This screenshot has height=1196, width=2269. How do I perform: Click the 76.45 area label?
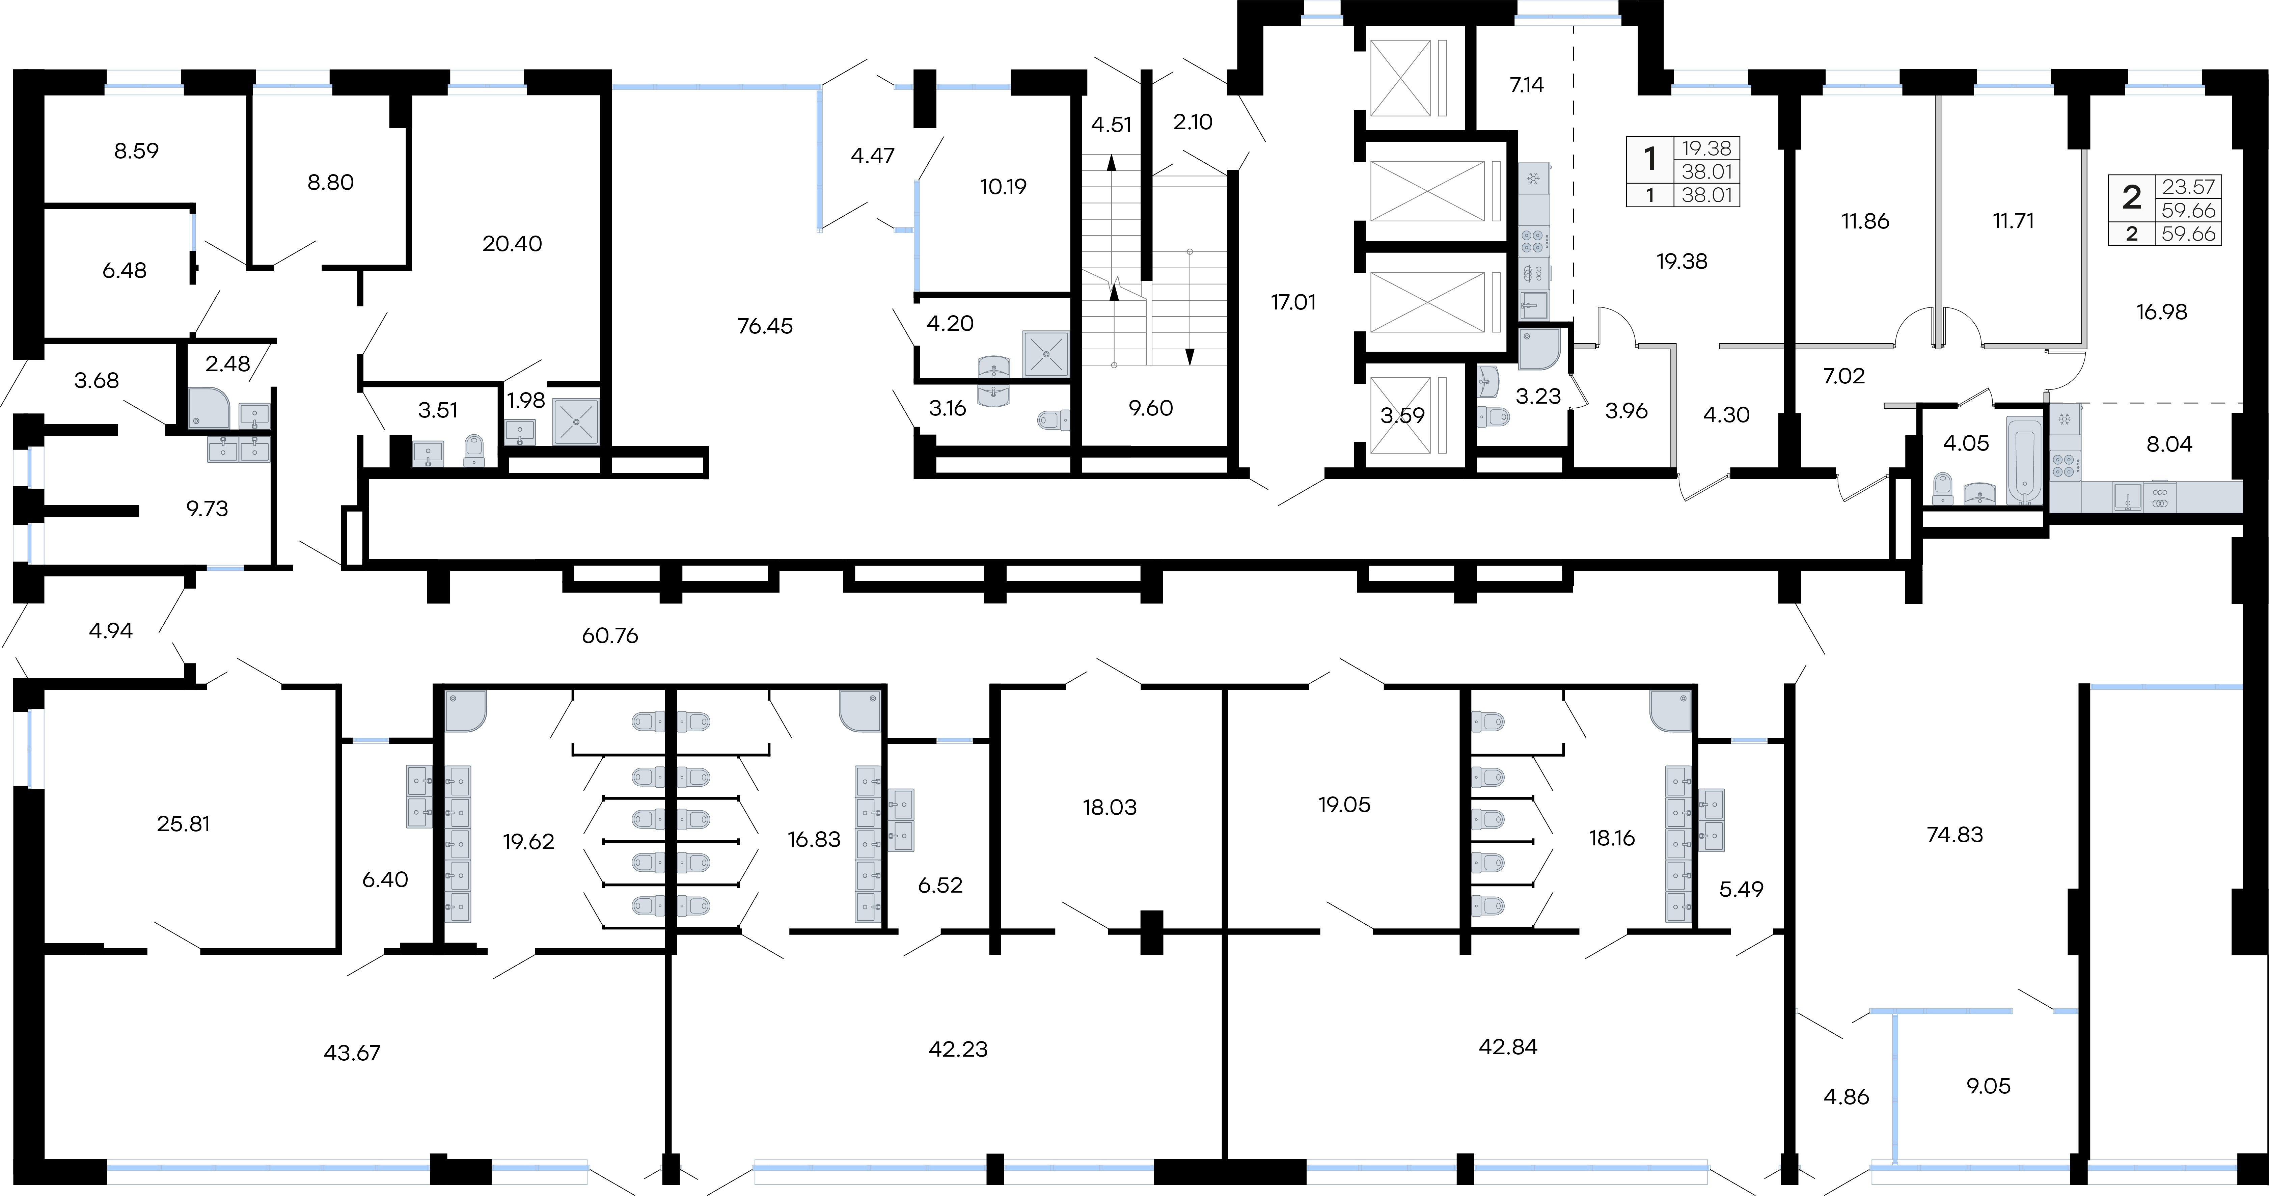pyautogui.click(x=765, y=326)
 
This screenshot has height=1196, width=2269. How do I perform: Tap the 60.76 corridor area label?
pyautogui.click(x=609, y=635)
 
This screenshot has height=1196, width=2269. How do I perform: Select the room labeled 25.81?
pyautogui.click(x=183, y=823)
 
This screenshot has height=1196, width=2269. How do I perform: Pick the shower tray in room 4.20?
pyautogui.click(x=1045, y=354)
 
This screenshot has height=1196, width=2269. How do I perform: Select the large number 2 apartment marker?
pyautogui.click(x=2132, y=197)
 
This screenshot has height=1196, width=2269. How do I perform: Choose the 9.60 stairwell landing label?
pyautogui.click(x=1150, y=408)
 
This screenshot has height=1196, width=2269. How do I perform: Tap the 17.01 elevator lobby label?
pyautogui.click(x=1293, y=302)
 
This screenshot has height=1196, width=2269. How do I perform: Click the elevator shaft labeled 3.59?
pyautogui.click(x=1402, y=415)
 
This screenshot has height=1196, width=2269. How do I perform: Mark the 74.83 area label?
pyautogui.click(x=1954, y=834)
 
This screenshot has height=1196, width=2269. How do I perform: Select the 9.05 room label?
pyautogui.click(x=1989, y=1086)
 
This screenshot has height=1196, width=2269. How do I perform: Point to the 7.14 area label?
pyautogui.click(x=1527, y=85)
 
